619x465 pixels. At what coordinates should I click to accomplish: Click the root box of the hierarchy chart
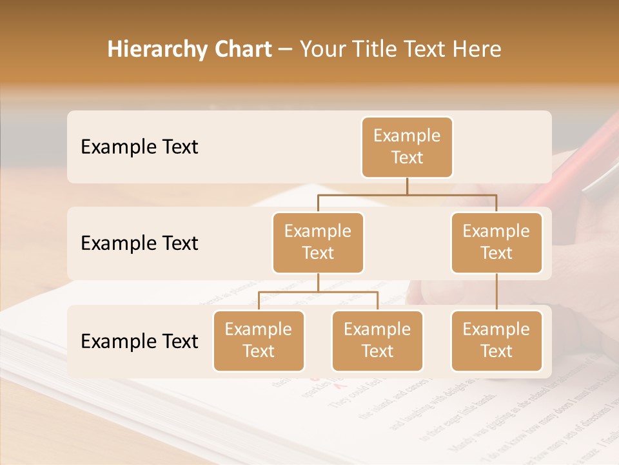pyautogui.click(x=407, y=147)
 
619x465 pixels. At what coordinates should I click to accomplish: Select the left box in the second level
pyautogui.click(x=318, y=243)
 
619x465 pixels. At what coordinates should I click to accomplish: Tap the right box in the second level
pyautogui.click(x=496, y=243)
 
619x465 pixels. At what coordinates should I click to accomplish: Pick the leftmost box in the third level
pyautogui.click(x=259, y=341)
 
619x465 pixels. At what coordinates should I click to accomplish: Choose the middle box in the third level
pyautogui.click(x=377, y=341)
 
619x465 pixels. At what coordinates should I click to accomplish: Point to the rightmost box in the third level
pyautogui.click(x=496, y=341)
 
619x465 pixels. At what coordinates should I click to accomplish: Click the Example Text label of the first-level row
pyautogui.click(x=139, y=147)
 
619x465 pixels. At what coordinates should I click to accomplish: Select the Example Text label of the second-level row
pyautogui.click(x=139, y=243)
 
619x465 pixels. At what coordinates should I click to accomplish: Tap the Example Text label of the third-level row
pyautogui.click(x=139, y=342)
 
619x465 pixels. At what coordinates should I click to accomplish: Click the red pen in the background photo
pyautogui.click(x=567, y=168)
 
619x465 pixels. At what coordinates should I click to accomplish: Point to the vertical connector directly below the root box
pyautogui.click(x=407, y=186)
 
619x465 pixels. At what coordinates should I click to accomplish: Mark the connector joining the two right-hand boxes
pyautogui.click(x=496, y=292)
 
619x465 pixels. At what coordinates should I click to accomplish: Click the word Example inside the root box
pyautogui.click(x=407, y=136)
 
